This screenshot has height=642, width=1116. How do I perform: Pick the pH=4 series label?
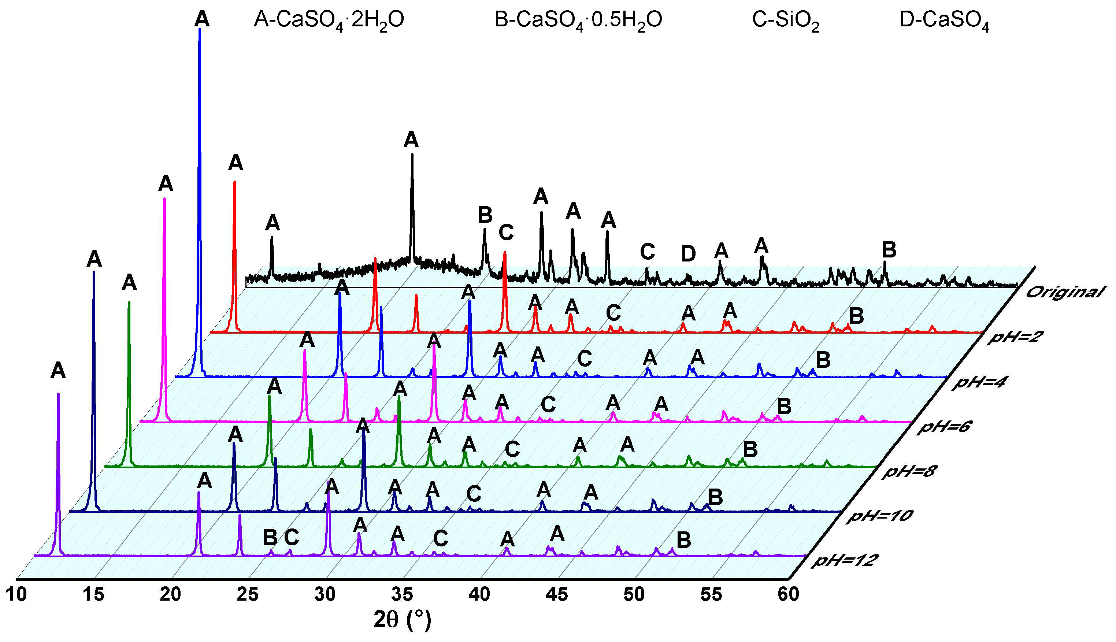[979, 382]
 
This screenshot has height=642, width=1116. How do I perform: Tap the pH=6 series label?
[944, 427]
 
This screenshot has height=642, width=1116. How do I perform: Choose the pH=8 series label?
[909, 472]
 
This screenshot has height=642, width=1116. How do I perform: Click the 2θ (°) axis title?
[402, 620]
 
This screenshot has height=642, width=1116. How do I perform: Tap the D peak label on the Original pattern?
[688, 254]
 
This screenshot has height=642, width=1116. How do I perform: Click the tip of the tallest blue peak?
[200, 30]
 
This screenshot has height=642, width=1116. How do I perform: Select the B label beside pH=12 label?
[683, 540]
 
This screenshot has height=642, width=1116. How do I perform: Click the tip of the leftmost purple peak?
[58, 394]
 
